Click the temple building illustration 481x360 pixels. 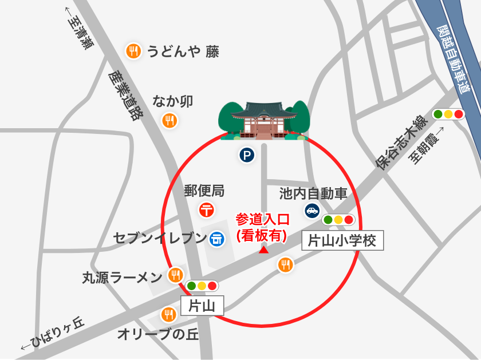[264, 121]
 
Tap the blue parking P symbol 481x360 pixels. [247, 155]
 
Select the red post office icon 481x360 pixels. [207, 209]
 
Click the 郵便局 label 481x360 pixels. [204, 191]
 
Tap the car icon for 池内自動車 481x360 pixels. [312, 211]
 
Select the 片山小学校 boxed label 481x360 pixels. [342, 241]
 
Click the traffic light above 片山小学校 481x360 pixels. [338, 220]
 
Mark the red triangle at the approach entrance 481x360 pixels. [263, 250]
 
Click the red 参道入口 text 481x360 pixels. [263, 220]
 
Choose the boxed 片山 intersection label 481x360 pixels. [202, 306]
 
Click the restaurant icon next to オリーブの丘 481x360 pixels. [168, 314]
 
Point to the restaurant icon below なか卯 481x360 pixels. [169, 121]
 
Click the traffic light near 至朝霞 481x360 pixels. [448, 114]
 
